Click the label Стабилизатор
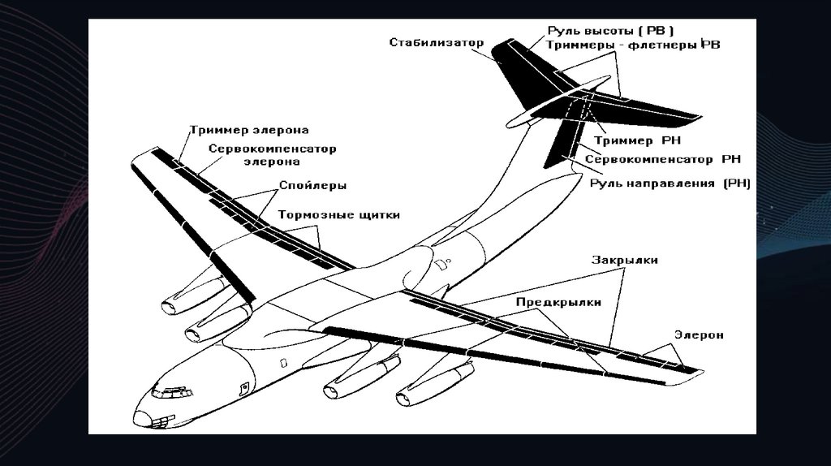pyautogui.click(x=436, y=42)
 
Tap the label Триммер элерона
pyautogui.click(x=249, y=130)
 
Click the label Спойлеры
pyautogui.click(x=312, y=185)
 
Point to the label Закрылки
pyautogui.click(x=624, y=261)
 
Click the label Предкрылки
pyautogui.click(x=558, y=302)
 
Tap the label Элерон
pyautogui.click(x=699, y=334)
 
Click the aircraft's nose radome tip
pyautogui.click(x=139, y=419)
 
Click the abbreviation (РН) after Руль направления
pyautogui.click(x=735, y=184)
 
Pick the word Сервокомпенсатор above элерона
pyautogui.click(x=272, y=149)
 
